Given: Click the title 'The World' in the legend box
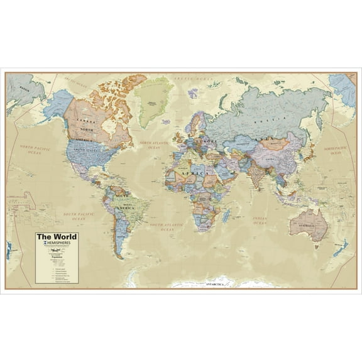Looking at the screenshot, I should click(x=56, y=237).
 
